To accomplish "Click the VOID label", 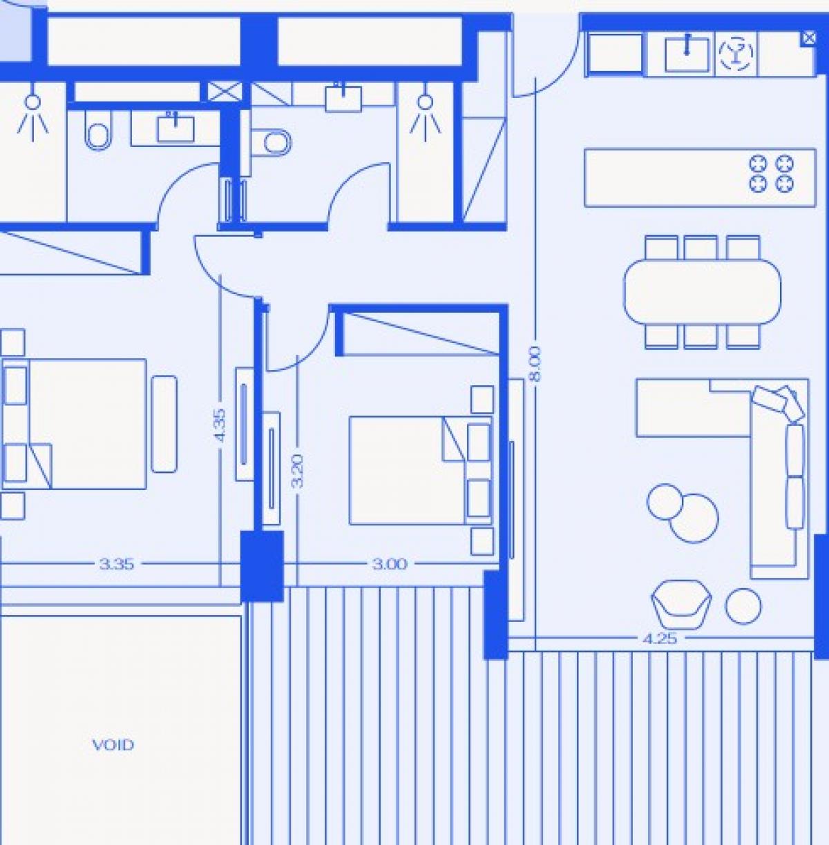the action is (113, 745).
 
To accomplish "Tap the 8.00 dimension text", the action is (535, 364).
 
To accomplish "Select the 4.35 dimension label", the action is (221, 425).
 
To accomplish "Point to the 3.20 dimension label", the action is (298, 472).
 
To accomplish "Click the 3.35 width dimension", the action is (116, 564).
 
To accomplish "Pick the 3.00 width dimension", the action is (390, 564).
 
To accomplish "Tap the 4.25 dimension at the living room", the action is (660, 639).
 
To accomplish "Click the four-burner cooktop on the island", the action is (771, 174).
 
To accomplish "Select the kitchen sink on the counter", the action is (687, 55).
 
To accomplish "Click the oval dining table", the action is (702, 291).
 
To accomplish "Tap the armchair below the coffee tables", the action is (681, 605).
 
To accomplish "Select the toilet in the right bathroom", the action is (271, 142).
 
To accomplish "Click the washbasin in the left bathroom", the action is (175, 129).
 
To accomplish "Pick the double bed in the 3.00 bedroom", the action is (421, 471).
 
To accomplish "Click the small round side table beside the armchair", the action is (743, 605).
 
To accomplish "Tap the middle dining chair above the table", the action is (701, 249).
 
